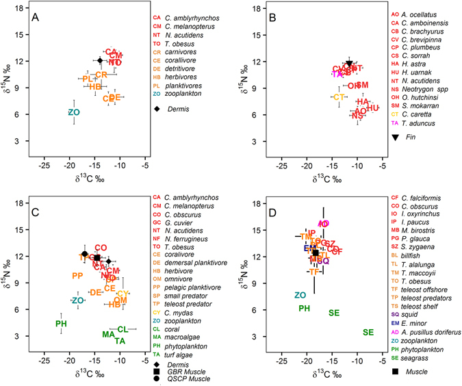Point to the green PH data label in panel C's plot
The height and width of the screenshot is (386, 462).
click(x=61, y=324)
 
